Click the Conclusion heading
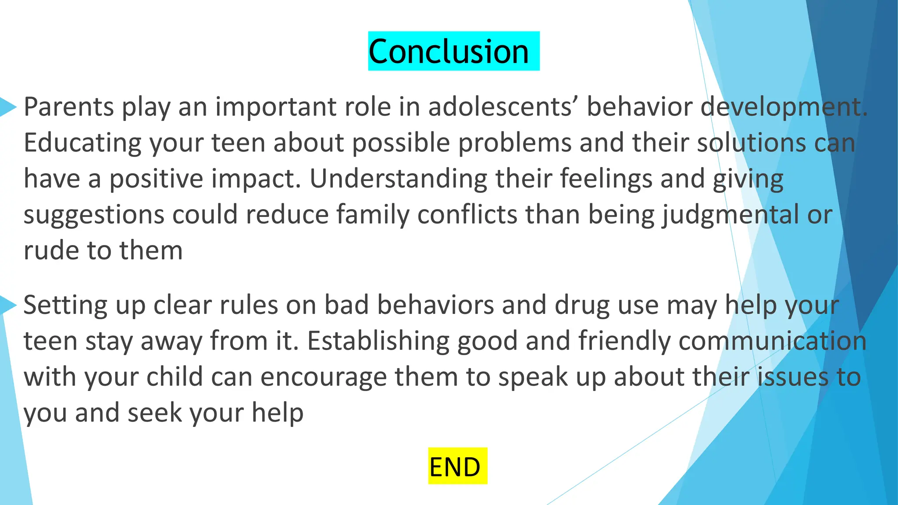pos(449,51)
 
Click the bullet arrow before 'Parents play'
pos(8,107)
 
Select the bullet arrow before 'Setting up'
pos(8,305)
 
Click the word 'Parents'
pos(69,107)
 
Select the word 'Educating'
pos(82,143)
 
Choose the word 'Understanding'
pos(398,179)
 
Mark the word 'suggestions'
pos(93,215)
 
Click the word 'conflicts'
pos(467,215)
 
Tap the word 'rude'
pos(51,250)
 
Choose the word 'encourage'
pos(323,377)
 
